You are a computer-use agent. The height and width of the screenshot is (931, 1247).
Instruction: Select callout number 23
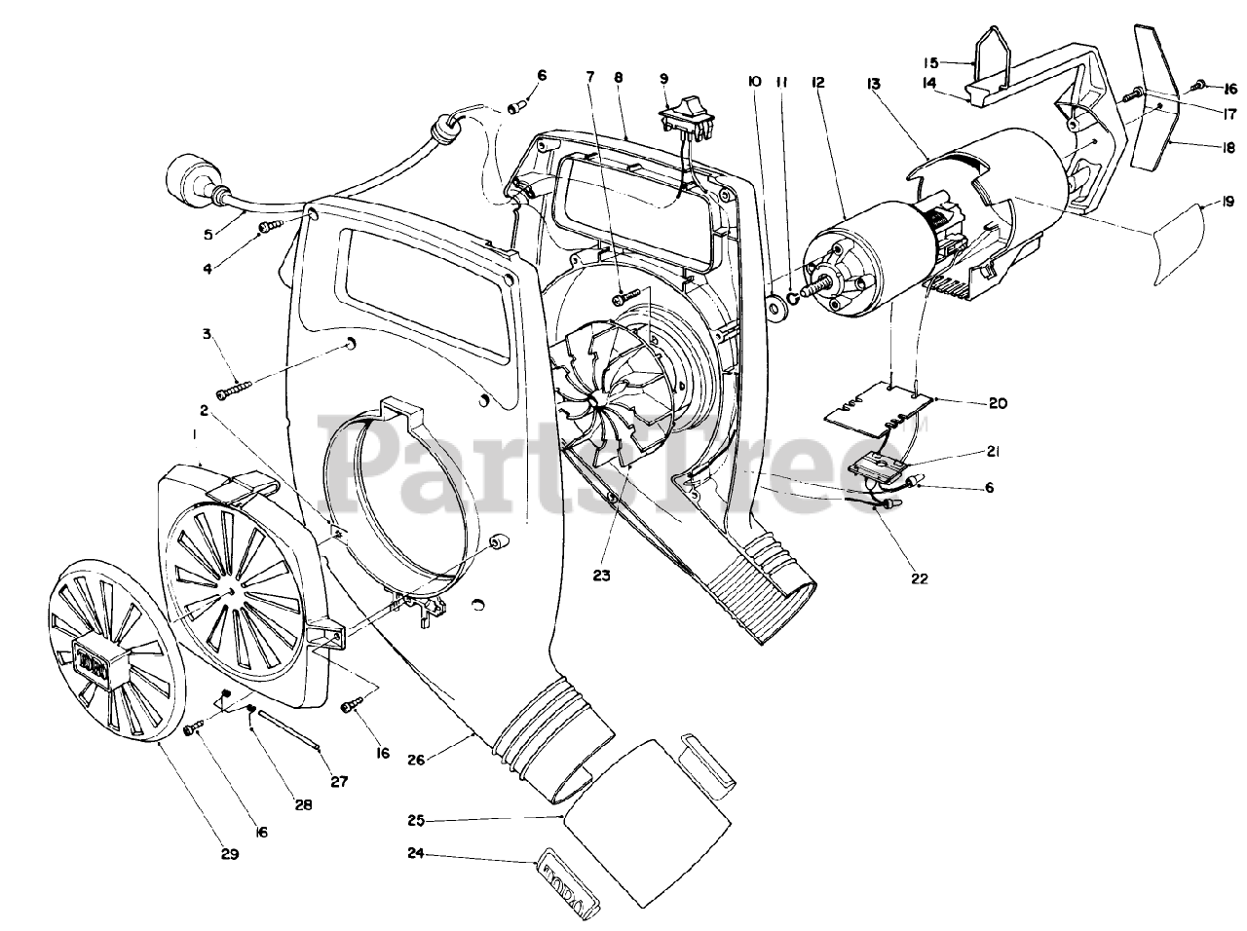(601, 576)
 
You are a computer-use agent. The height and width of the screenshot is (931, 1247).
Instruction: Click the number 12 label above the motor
(817, 83)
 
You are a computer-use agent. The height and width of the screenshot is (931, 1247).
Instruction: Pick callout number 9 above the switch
(663, 78)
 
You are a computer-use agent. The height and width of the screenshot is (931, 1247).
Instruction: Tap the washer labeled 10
(777, 308)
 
